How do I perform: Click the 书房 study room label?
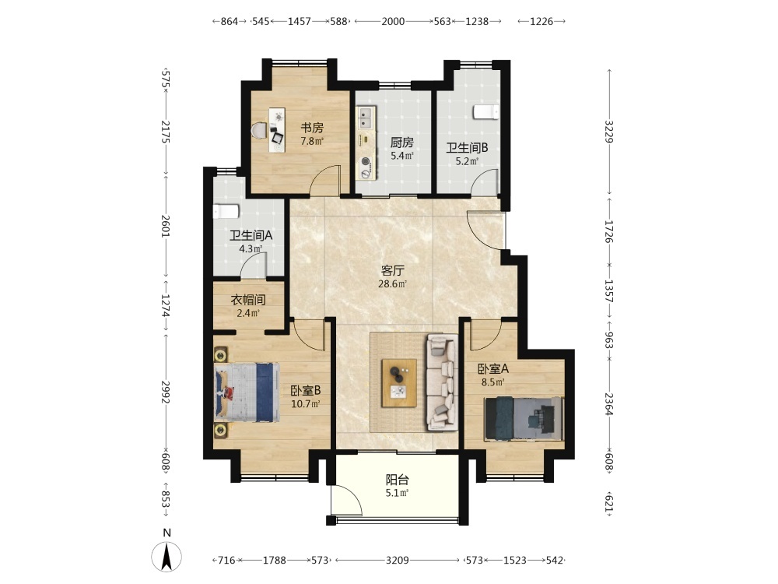[312, 128]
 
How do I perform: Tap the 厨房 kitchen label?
[401, 143]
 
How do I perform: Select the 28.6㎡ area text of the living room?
[392, 284]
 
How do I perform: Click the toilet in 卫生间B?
[485, 112]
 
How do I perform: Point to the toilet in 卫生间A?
[226, 211]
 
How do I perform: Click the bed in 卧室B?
[247, 392]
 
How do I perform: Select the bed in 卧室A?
[524, 418]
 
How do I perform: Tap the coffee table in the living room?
[399, 383]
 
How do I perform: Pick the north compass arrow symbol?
[166, 556]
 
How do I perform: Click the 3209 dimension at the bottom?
[398, 560]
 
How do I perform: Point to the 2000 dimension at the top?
[393, 21]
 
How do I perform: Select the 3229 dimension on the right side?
[609, 132]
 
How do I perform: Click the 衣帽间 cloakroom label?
[248, 300]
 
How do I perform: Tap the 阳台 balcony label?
[398, 480]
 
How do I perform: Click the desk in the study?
[278, 130]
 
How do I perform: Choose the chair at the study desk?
[259, 131]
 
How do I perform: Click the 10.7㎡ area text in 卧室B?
[306, 403]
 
